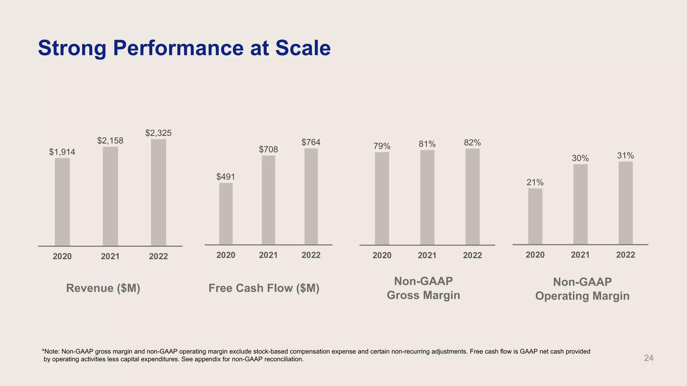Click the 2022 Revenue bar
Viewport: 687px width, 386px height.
tap(158, 192)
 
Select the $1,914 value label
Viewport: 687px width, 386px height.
tap(62, 152)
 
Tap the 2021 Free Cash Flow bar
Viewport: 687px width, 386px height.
tap(268, 200)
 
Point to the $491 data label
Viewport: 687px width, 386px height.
tap(226, 177)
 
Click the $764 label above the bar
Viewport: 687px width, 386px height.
tap(311, 142)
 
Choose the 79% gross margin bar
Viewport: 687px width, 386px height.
tap(382, 198)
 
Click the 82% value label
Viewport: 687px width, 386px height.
tap(472, 143)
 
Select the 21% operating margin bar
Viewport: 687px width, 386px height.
tap(535, 216)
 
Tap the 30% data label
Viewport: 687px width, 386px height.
tap(580, 158)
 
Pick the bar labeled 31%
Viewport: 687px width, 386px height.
tap(626, 203)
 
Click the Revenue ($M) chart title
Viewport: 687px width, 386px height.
tap(103, 288)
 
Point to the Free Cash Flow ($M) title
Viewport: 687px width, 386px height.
tap(264, 288)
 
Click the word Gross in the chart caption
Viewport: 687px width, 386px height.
tap(403, 295)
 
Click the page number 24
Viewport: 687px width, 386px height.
tap(649, 358)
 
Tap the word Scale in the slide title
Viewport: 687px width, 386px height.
tap(303, 48)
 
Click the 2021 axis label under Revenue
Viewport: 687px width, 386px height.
tap(110, 257)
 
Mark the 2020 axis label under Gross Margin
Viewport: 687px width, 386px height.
tap(382, 256)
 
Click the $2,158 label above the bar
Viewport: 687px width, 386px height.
tap(110, 141)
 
